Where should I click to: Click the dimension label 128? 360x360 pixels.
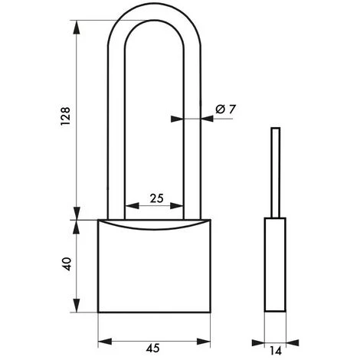(x=65, y=116)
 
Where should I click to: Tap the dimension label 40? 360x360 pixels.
(x=67, y=263)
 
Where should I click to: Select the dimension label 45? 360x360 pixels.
(x=152, y=348)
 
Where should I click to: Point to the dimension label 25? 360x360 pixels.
(x=156, y=198)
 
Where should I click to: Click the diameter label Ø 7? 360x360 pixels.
(x=225, y=110)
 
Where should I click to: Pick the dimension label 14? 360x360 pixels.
(x=275, y=351)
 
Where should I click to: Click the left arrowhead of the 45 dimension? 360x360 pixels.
(x=105, y=341)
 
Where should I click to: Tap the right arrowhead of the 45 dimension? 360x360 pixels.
(x=204, y=341)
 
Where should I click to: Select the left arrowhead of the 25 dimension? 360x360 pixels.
(x=132, y=205)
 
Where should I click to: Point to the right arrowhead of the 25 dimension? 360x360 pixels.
(x=177, y=205)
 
